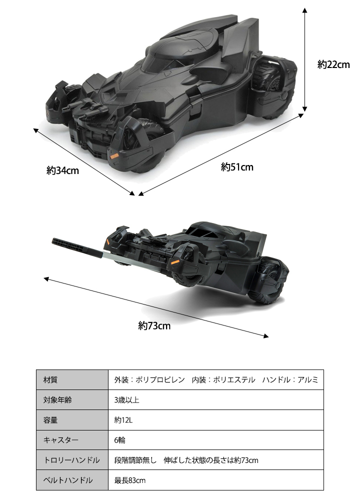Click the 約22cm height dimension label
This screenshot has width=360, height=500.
point(333,64)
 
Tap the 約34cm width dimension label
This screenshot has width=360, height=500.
point(63,170)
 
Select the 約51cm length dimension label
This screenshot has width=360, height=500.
point(237,167)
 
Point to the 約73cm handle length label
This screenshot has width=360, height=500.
point(154,326)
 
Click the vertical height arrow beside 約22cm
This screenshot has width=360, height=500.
point(305,59)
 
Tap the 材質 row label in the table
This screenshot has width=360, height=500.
point(50,380)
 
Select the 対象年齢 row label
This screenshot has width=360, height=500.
point(57,400)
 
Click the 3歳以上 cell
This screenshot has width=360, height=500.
point(126,400)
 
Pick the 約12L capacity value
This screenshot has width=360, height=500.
point(123,420)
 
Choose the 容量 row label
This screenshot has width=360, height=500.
point(50,420)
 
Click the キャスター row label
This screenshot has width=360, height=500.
point(61,440)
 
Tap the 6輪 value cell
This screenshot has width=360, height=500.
point(120,440)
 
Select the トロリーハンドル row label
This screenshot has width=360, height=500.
point(71,460)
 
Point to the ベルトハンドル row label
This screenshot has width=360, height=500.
point(68,480)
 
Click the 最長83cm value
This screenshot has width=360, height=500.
point(130,480)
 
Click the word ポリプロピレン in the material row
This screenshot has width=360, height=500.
point(160,380)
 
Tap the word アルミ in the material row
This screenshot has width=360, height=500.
point(307,380)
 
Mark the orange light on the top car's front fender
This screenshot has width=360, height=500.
point(114,156)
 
